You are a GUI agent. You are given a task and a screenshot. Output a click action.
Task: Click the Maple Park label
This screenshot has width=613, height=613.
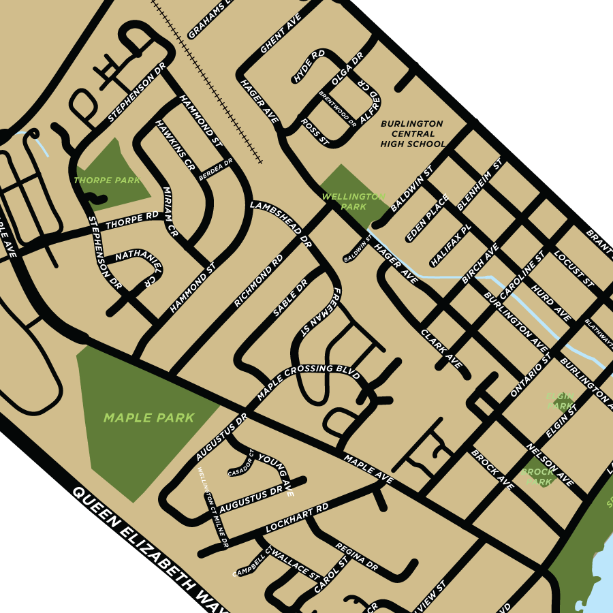click(x=149, y=418)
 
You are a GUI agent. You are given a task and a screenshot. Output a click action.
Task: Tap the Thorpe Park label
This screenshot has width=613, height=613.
click(x=107, y=180)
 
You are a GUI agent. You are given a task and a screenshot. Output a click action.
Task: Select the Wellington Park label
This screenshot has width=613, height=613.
click(x=353, y=201)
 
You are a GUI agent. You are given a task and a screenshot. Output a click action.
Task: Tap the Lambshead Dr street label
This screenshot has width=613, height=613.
click(x=281, y=224)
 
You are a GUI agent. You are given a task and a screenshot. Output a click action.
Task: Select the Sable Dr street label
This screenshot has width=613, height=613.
click(x=289, y=297)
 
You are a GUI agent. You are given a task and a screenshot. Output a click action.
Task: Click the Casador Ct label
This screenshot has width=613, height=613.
click(x=241, y=463)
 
